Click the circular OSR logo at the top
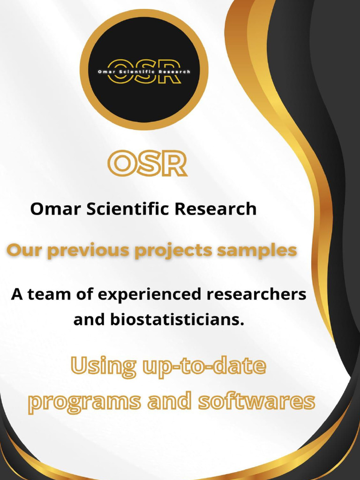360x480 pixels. [x=144, y=70]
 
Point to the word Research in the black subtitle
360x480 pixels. [x=216, y=209]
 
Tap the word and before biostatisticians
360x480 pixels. [x=90, y=320]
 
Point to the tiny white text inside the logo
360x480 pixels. [x=144, y=72]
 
